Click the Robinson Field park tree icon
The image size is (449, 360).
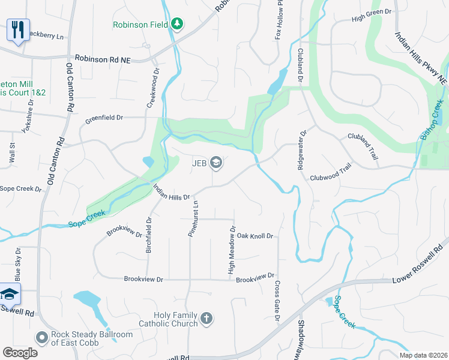click(177, 24)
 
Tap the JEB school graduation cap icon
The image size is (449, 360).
click(216, 163)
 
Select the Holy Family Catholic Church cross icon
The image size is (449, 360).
click(206, 319)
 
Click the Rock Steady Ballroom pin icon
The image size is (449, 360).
click(41, 338)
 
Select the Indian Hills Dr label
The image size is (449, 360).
click(171, 192)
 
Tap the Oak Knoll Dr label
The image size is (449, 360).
click(255, 236)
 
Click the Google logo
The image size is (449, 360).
click(20, 353)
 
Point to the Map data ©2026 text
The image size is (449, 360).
click(424, 355)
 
